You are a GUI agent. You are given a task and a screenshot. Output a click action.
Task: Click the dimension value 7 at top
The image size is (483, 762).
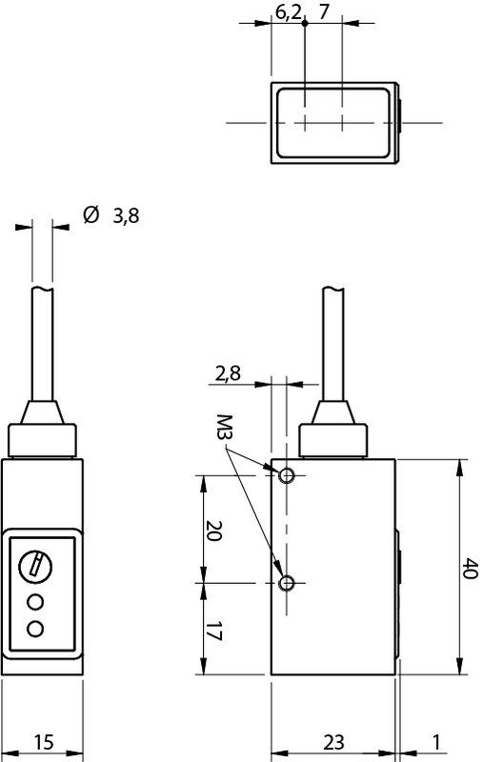[325, 11]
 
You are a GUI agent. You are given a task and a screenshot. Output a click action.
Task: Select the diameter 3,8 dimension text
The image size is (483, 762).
[126, 216]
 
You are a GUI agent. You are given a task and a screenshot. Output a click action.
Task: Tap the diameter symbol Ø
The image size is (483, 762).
[91, 215]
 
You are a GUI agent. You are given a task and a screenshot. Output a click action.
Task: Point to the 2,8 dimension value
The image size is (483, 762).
[227, 372]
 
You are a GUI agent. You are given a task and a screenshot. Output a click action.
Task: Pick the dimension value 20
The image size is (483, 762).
[214, 530]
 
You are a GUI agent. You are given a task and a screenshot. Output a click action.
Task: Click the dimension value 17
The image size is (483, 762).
[214, 630]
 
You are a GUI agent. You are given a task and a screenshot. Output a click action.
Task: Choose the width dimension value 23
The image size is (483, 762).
[333, 741]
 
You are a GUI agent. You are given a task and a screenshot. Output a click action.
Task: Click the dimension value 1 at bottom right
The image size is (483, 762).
[436, 741]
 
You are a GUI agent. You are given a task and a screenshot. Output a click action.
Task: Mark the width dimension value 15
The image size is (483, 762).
[44, 741]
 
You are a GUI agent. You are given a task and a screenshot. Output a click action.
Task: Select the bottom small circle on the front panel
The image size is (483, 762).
[37, 628]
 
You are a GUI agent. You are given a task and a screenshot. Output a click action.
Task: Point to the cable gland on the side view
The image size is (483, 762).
[333, 432]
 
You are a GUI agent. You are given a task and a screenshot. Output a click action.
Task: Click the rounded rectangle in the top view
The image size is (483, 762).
[333, 123]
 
